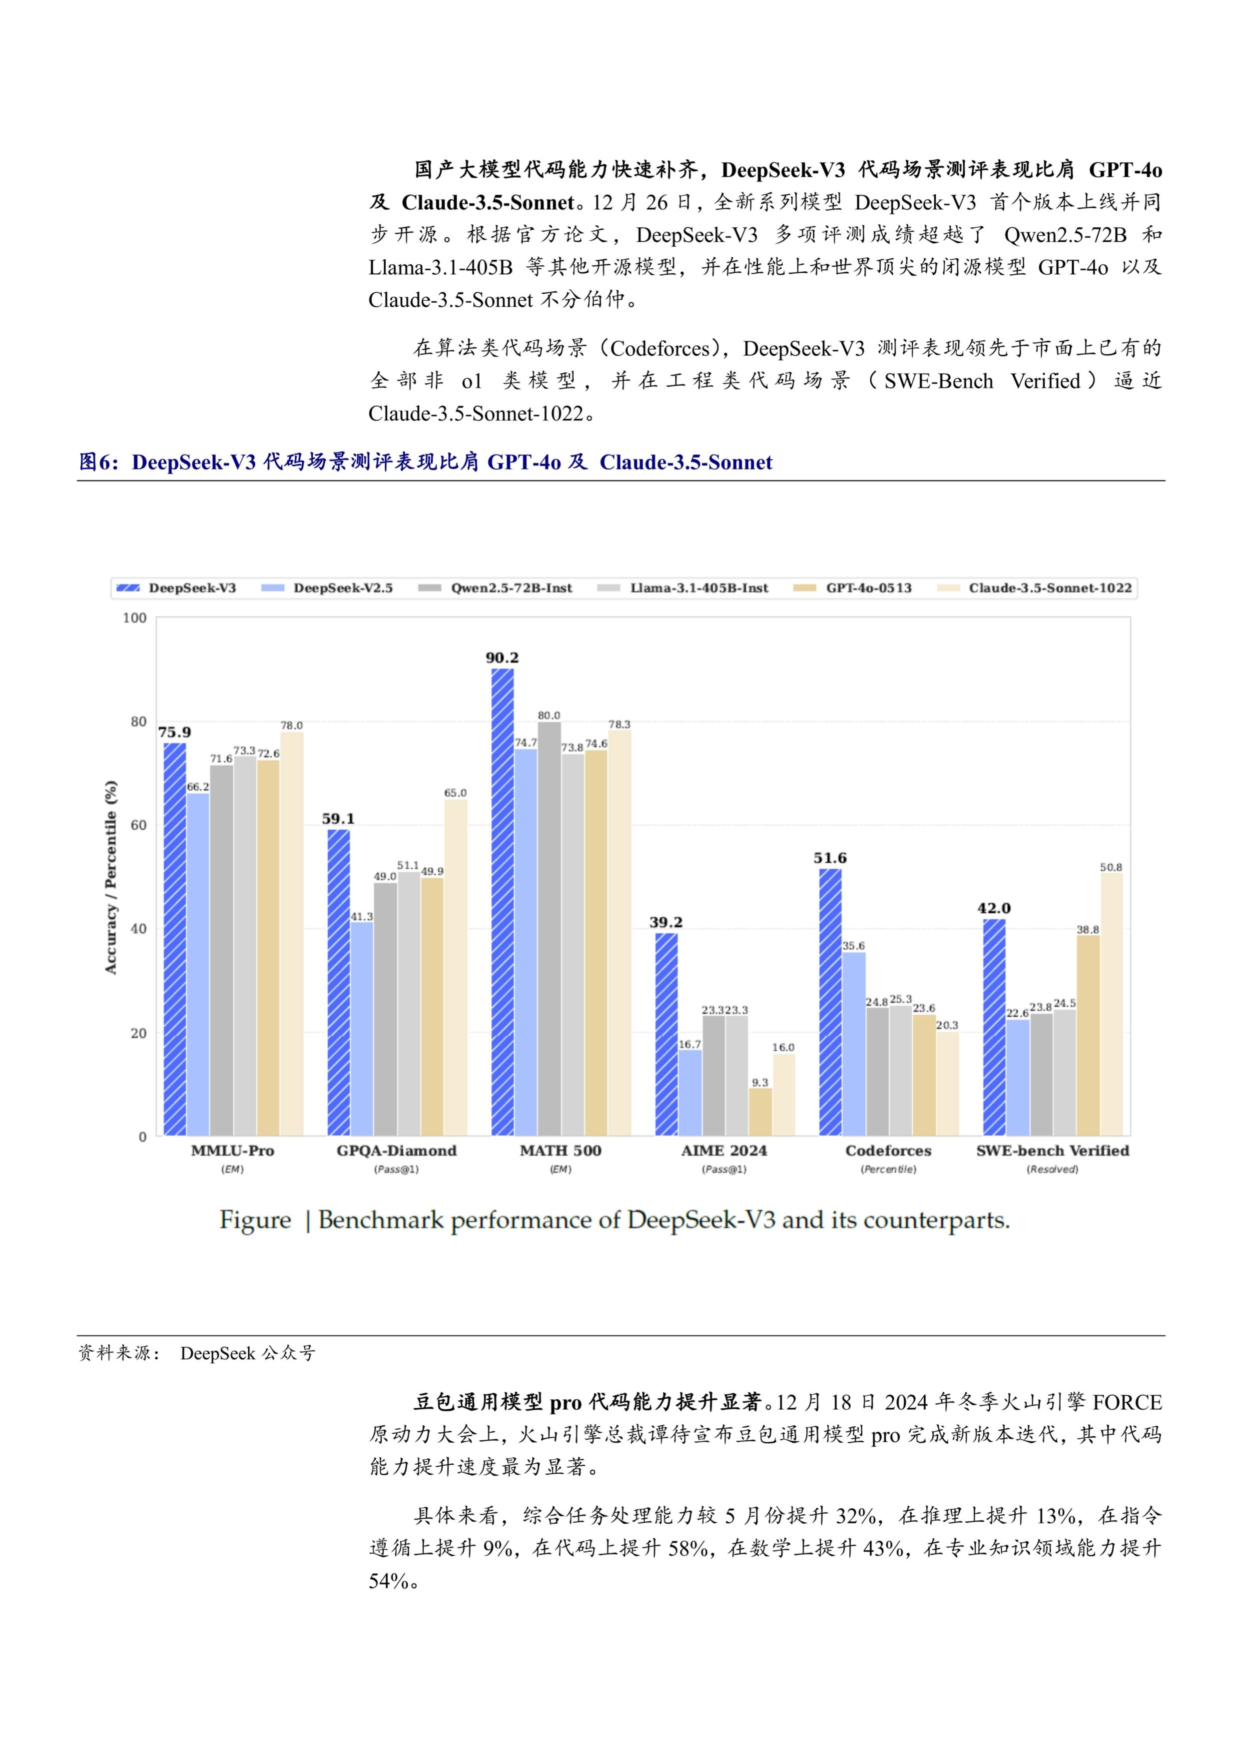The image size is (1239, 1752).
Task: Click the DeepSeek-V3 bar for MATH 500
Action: (502, 900)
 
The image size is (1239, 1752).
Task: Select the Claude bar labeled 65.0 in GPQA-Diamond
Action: (456, 968)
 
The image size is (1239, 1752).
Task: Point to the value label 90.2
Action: (502, 658)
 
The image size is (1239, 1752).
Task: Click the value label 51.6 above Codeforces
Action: (830, 858)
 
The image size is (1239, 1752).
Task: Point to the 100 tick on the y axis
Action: (134, 618)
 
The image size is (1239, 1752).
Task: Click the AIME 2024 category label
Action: (724, 1151)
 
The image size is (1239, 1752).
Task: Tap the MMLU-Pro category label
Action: (232, 1151)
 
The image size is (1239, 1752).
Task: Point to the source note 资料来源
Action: (118, 1353)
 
